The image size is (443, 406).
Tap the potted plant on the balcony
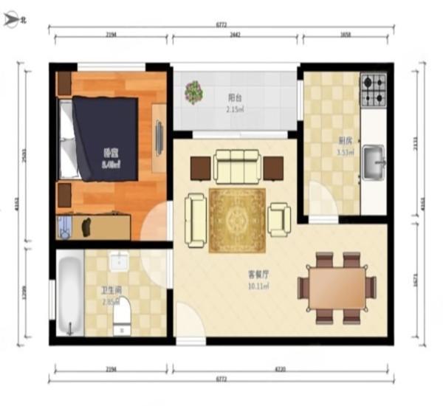[x=194, y=92]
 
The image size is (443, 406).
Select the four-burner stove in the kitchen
[x=373, y=91]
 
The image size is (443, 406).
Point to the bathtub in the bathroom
[x=69, y=293]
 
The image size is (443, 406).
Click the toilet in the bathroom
[x=122, y=312]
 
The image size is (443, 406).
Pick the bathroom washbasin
[x=119, y=261]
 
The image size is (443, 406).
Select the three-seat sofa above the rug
[x=236, y=166]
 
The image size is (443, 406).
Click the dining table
[x=337, y=288]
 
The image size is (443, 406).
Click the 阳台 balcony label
[x=235, y=97]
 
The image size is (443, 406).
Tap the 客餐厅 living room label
[x=258, y=273]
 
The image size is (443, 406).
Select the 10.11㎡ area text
[x=258, y=286]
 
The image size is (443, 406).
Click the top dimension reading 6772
[x=221, y=25]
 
